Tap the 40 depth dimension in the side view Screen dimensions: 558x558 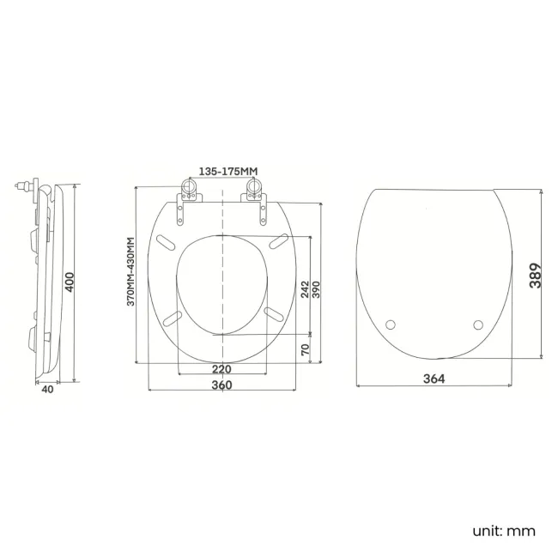click(x=47, y=388)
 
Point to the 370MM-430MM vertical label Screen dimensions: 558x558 click(x=131, y=272)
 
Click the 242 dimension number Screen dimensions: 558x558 click(x=305, y=288)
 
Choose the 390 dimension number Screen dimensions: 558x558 click(x=316, y=288)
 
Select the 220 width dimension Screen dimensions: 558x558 click(x=221, y=370)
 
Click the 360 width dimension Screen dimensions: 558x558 click(x=221, y=385)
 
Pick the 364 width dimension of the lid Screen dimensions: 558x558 click(x=433, y=379)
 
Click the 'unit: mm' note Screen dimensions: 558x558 click(x=503, y=531)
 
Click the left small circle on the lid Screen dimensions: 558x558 click(x=392, y=324)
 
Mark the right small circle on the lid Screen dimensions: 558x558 click(x=478, y=324)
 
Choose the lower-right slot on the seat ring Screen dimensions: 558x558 click(x=275, y=315)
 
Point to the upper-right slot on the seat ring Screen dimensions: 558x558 click(x=276, y=242)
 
